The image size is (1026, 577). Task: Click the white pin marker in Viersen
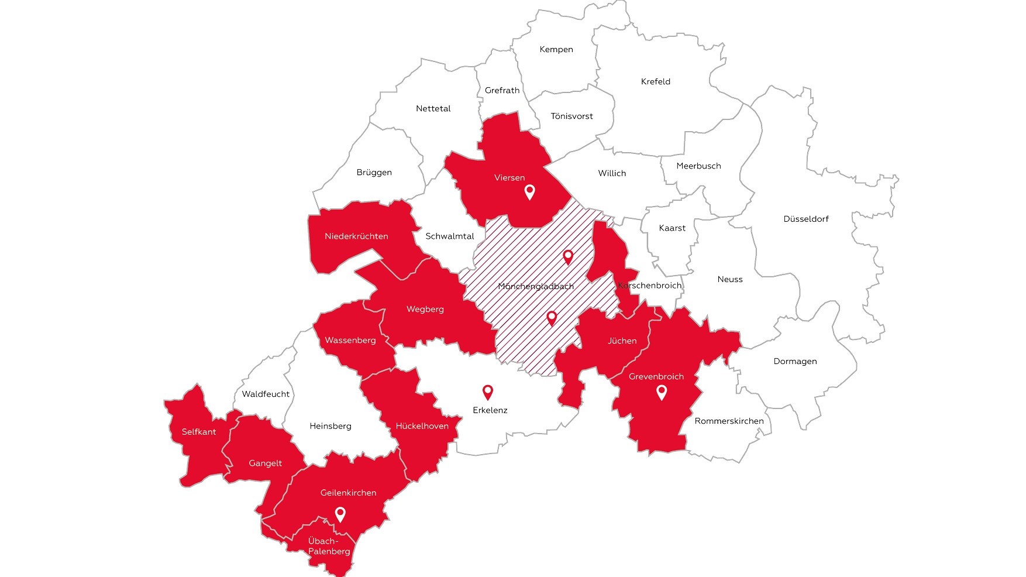(529, 191)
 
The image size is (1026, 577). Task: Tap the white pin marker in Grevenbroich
(662, 391)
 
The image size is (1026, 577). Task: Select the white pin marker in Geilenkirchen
(340, 514)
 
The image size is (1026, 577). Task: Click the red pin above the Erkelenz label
(487, 391)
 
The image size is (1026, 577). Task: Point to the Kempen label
(556, 50)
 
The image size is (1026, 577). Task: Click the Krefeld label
(656, 82)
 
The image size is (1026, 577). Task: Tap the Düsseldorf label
(806, 219)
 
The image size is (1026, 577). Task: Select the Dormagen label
(795, 362)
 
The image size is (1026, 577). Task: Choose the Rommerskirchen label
(729, 421)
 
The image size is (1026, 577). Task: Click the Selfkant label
(199, 432)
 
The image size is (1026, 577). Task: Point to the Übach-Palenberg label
(329, 546)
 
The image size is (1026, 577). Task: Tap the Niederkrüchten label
(356, 236)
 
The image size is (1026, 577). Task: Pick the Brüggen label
(374, 173)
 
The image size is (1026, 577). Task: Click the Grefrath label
(502, 91)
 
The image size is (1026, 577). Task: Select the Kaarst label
(672, 228)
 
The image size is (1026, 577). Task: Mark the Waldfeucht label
(266, 394)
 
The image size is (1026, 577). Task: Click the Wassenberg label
(350, 341)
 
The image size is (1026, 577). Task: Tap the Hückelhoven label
(422, 426)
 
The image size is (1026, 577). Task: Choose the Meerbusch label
(698, 166)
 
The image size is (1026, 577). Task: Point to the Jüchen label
(622, 341)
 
